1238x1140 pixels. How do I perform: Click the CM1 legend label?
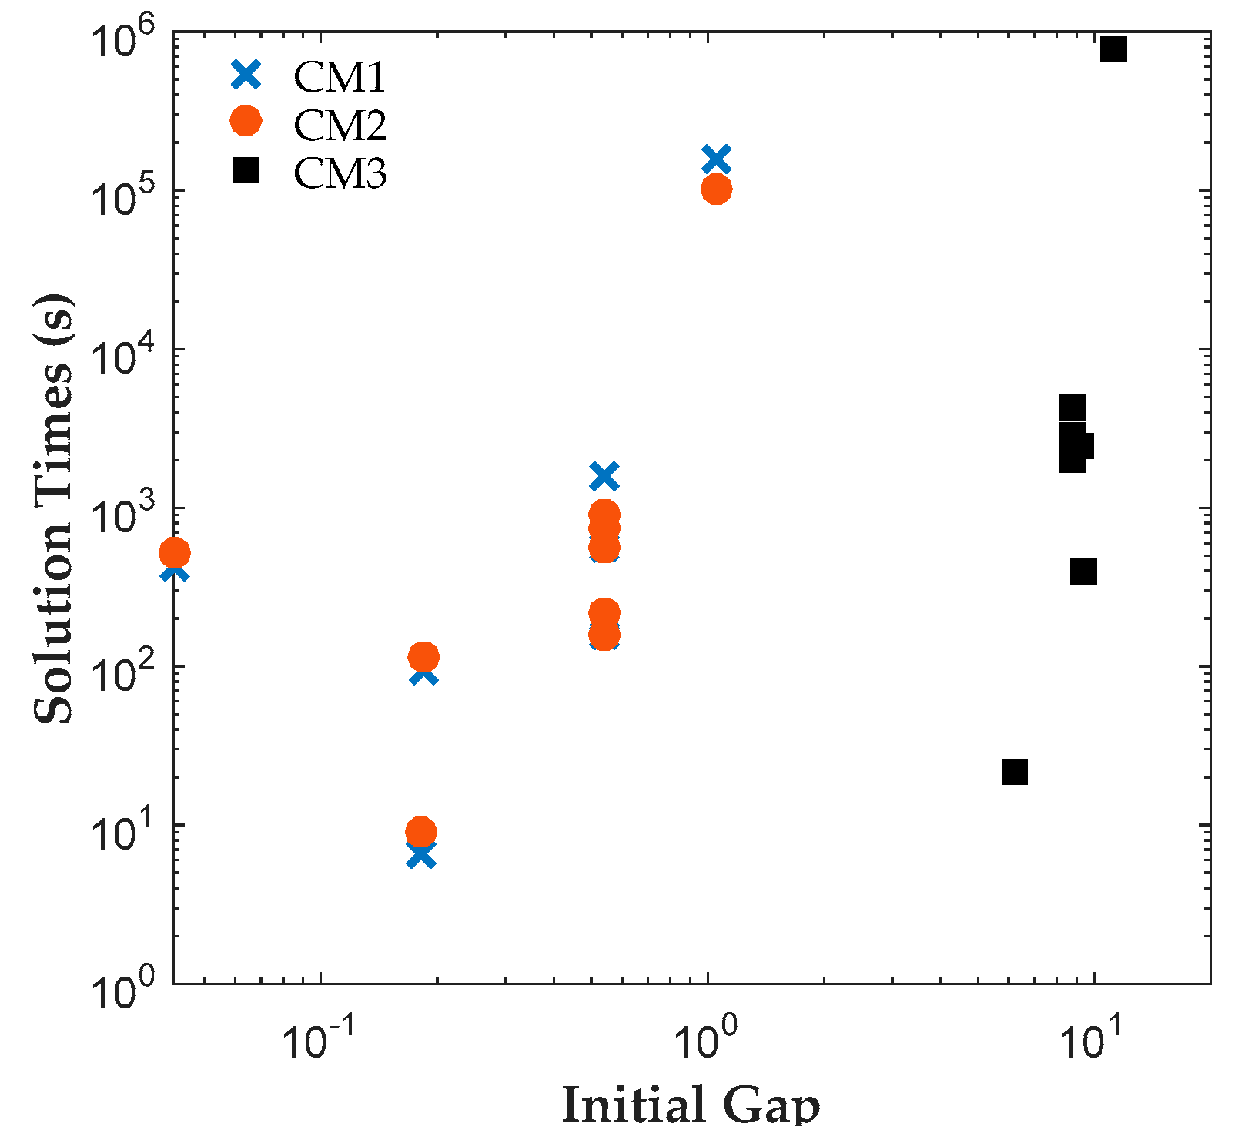(x=339, y=76)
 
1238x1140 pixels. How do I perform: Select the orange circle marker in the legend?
(x=246, y=121)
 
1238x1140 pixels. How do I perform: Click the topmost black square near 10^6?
(x=1113, y=49)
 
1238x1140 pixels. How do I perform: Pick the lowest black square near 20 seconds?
(x=1015, y=771)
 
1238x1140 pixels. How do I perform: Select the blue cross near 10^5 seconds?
(x=716, y=159)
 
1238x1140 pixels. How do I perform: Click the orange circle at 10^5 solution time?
(x=716, y=189)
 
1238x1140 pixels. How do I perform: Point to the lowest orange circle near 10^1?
(x=420, y=831)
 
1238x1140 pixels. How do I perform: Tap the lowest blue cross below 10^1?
(x=420, y=855)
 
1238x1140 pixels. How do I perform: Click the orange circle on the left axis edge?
(x=175, y=552)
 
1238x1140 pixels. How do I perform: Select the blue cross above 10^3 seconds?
(x=604, y=476)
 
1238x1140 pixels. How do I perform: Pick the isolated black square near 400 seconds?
(x=1083, y=572)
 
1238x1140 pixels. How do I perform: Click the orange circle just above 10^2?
(x=423, y=657)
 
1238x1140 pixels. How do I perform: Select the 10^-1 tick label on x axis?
(x=316, y=1041)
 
